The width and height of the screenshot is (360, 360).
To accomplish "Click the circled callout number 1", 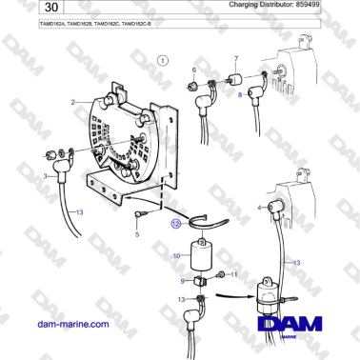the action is pos(163,61).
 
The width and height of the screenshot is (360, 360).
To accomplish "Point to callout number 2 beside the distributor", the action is pos(72,101).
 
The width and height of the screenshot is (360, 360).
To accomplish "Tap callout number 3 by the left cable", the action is pos(45,176).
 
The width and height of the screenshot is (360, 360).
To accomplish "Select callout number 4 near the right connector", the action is pos(260,207).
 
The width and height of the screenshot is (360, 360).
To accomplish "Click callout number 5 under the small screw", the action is pos(136,233).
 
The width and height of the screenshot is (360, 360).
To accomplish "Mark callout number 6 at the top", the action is pos(193,70).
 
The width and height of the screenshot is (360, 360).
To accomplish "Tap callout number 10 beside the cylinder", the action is pos(175,257).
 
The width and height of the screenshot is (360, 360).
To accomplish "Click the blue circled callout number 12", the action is pos(174,225).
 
